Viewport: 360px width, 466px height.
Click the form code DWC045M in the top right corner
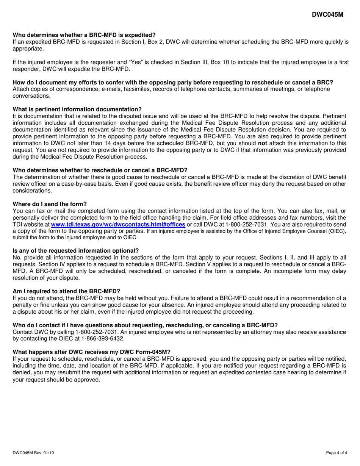click(327, 14)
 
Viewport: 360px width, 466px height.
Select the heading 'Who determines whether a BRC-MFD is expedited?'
click(84, 35)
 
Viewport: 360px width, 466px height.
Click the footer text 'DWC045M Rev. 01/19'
click(35, 452)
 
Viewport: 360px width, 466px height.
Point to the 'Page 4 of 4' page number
click(337, 452)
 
